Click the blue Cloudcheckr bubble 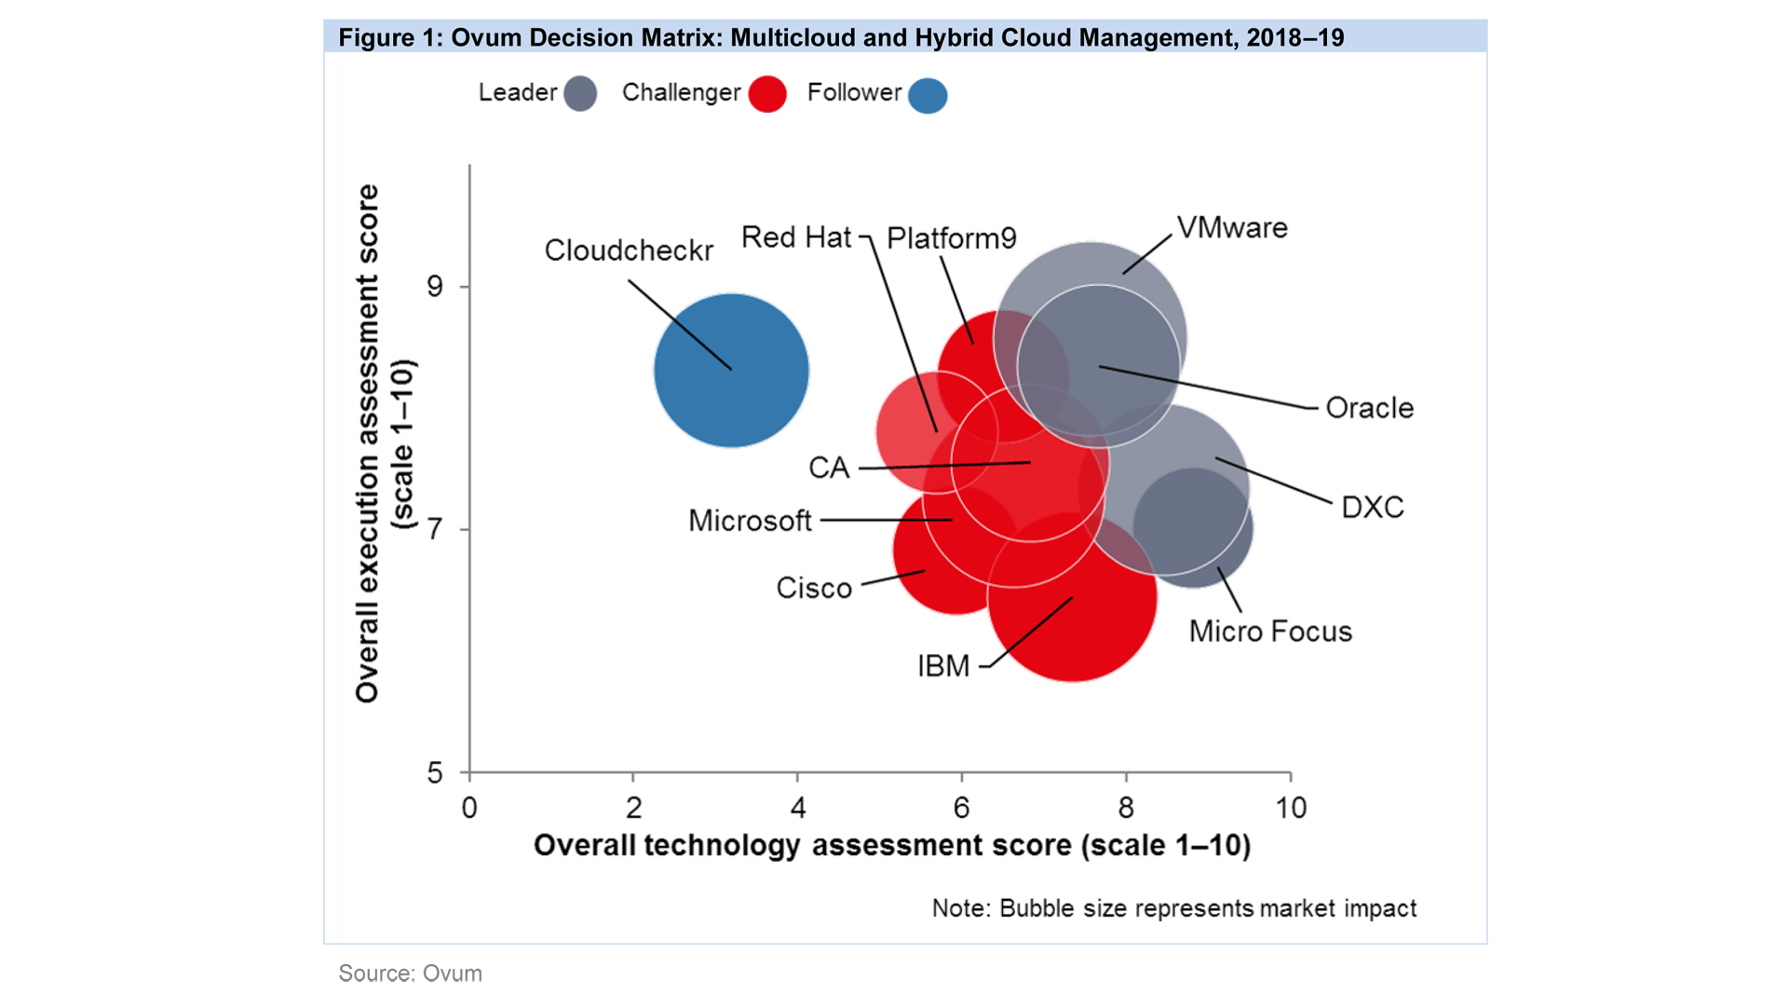[731, 371]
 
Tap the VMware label [1232, 228]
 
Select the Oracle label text [1369, 408]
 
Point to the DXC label [1372, 508]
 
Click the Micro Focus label [1270, 632]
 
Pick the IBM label [943, 666]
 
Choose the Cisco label [814, 589]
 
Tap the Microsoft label [750, 521]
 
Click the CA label [829, 468]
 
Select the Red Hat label [796, 238]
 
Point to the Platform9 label [951, 238]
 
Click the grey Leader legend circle [580, 94]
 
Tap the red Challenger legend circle [767, 94]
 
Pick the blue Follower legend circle [928, 95]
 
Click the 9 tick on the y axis [435, 286]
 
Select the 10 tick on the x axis [1291, 808]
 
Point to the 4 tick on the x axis [798, 808]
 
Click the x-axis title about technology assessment [891, 846]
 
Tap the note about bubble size [1173, 908]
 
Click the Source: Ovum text [410, 973]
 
